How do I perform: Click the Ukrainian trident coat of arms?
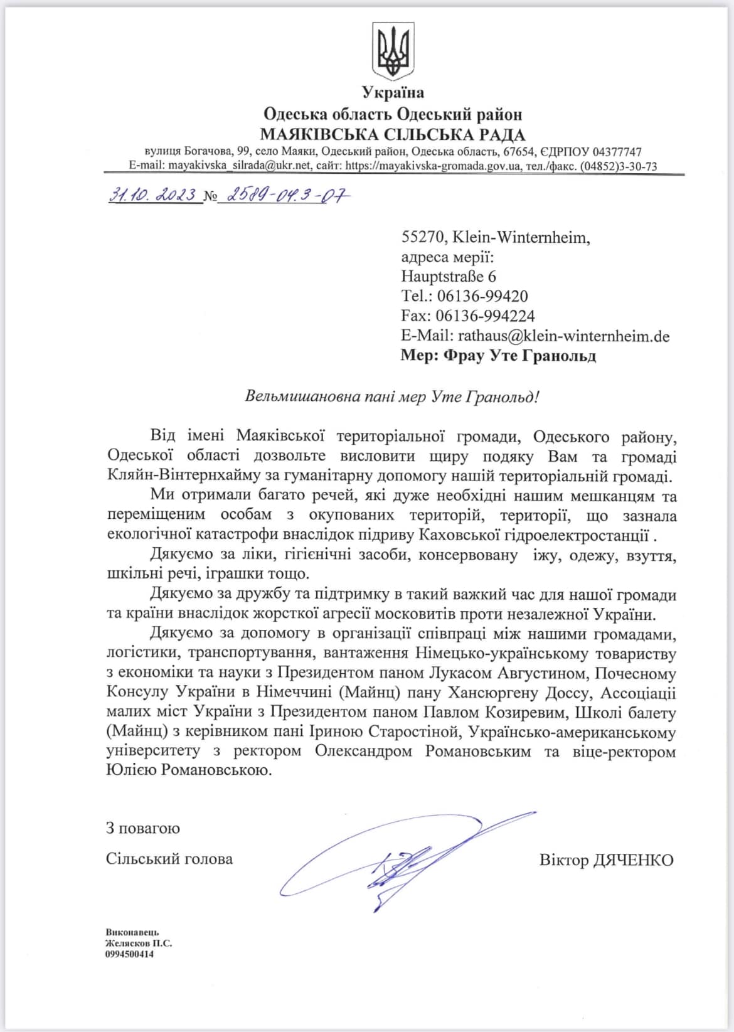coord(393,51)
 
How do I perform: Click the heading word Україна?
coord(393,93)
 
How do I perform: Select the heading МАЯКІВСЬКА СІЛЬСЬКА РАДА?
coord(393,134)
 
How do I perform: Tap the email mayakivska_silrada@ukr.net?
coord(239,166)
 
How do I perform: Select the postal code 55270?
coord(423,237)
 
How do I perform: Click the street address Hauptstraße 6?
coord(449,276)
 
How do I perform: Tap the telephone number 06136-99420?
coord(482,296)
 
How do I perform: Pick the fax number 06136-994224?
coord(486,316)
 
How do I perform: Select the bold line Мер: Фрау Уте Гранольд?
coord(498,356)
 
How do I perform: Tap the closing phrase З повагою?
coord(142,828)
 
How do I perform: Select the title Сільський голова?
coord(169,858)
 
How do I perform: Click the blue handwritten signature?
coord(402,859)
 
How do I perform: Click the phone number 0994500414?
coord(129,954)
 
